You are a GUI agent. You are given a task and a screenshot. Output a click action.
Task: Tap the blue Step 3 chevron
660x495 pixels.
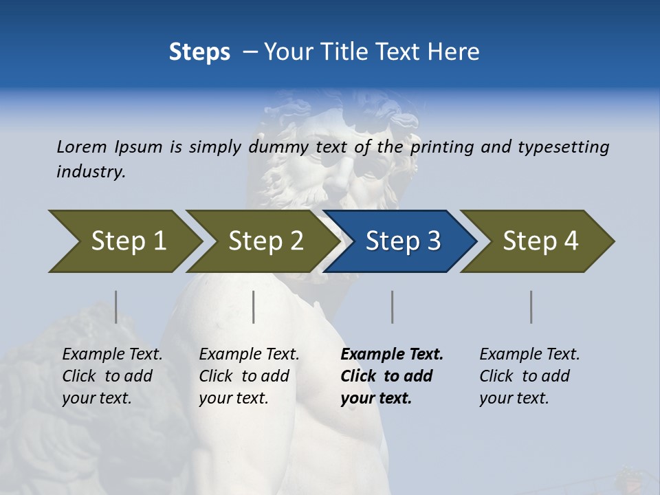coord(403,241)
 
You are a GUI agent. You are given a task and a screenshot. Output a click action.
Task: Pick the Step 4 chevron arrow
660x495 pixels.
coord(540,241)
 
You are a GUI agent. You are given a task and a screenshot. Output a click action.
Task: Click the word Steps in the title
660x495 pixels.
coord(199,52)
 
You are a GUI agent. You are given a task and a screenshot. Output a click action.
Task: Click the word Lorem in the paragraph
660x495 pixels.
coord(82,146)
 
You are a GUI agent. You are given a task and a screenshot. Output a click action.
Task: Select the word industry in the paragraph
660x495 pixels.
coord(91,171)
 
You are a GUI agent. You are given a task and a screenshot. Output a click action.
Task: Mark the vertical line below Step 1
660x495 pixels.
coord(115,307)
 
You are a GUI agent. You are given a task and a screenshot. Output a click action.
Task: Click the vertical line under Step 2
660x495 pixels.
coord(254,307)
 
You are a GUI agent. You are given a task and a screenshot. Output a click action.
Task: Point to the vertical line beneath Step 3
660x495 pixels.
coord(393,307)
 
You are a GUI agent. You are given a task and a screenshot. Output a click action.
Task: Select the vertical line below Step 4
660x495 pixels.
coord(531,307)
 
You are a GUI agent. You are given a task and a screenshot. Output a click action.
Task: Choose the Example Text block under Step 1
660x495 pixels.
coord(111,376)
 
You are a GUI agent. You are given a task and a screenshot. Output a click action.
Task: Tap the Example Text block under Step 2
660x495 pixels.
coord(248,376)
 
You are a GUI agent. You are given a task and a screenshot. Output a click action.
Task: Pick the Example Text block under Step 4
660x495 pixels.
coord(529,376)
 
